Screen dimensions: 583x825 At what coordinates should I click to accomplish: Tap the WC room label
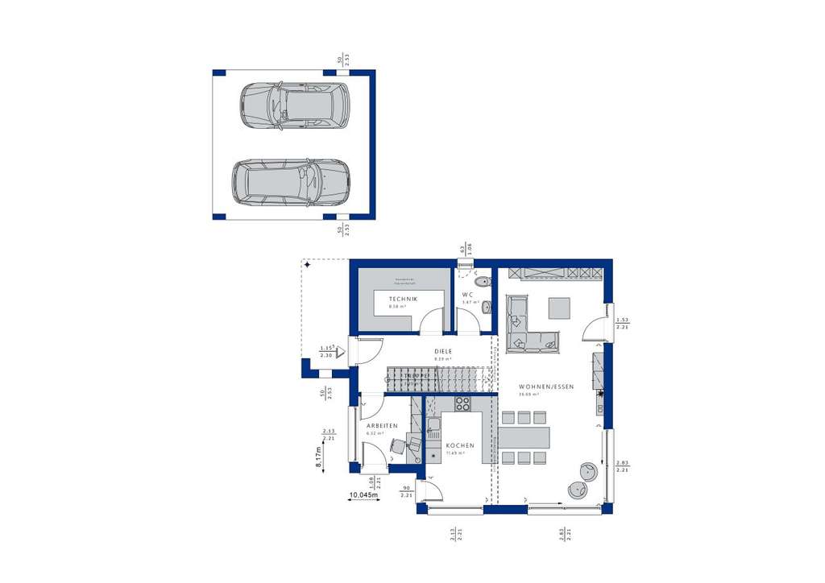467,295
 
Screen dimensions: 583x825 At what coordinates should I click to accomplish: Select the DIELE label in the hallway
442,351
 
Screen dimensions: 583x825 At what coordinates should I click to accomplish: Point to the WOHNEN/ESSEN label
545,387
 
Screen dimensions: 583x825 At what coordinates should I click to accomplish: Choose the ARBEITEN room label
380,425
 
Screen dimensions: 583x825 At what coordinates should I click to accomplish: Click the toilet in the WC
481,283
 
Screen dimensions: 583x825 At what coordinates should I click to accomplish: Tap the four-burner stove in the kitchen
462,404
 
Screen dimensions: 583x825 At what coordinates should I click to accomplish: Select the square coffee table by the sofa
558,308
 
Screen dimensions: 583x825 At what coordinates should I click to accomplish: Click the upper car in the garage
295,106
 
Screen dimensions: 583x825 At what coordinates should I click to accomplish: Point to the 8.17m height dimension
318,458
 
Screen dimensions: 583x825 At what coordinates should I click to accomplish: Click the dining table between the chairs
524,437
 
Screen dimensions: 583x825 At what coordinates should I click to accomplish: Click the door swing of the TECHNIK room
433,321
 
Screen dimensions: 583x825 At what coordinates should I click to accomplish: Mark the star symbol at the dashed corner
305,263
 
